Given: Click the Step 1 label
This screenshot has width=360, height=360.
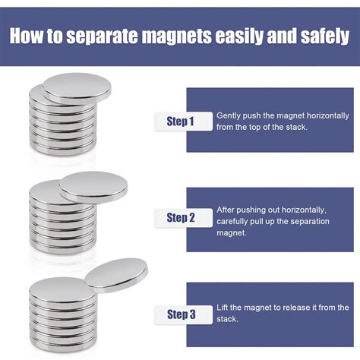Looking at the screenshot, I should [180, 121].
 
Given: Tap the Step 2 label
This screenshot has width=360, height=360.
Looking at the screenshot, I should [180, 218].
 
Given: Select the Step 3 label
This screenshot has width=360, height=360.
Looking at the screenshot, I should [180, 314].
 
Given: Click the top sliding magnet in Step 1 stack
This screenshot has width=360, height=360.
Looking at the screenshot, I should [76, 88].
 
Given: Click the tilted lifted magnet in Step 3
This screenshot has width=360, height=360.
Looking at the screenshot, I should [115, 273].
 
